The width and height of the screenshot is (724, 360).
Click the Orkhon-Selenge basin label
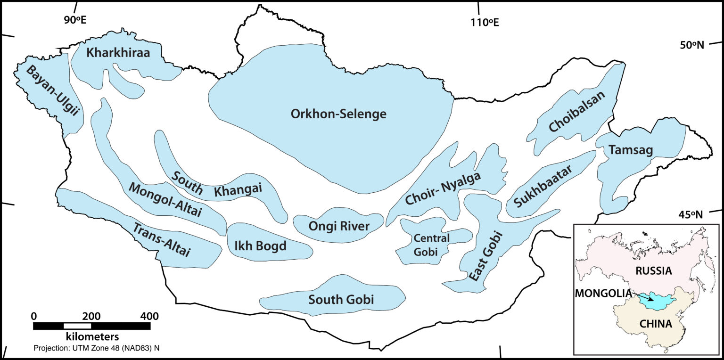tap(338, 114)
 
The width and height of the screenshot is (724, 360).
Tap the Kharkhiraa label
tap(118, 53)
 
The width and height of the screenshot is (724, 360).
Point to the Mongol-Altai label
tap(165, 200)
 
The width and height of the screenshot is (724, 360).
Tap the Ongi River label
tap(338, 226)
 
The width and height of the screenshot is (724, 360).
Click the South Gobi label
tap(341, 299)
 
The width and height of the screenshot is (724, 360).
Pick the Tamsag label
tap(630, 150)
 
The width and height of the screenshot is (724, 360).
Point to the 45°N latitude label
tap(691, 215)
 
